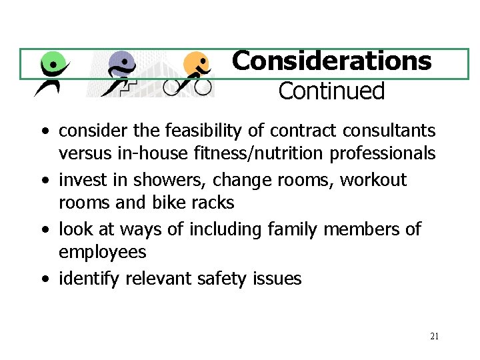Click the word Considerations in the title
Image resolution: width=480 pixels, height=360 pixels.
[x=331, y=61]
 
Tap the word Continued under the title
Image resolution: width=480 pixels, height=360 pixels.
[x=331, y=91]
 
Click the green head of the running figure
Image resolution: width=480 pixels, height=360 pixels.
[x=55, y=64]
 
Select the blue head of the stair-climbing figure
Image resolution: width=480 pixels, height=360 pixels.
[x=121, y=63]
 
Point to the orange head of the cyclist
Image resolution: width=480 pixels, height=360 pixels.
[x=196, y=64]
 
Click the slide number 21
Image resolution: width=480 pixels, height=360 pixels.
[x=434, y=336]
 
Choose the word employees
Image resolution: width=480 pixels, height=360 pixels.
[x=102, y=252]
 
